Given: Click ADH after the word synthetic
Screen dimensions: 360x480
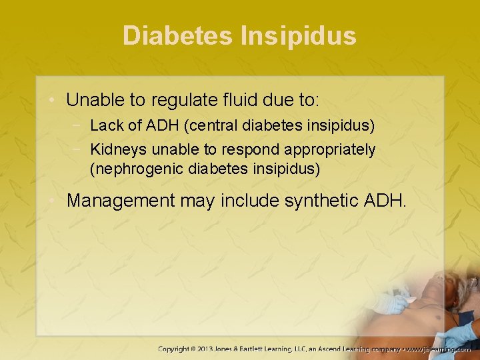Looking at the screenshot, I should (385, 200).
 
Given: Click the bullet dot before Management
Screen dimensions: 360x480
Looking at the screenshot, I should (55, 200).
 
